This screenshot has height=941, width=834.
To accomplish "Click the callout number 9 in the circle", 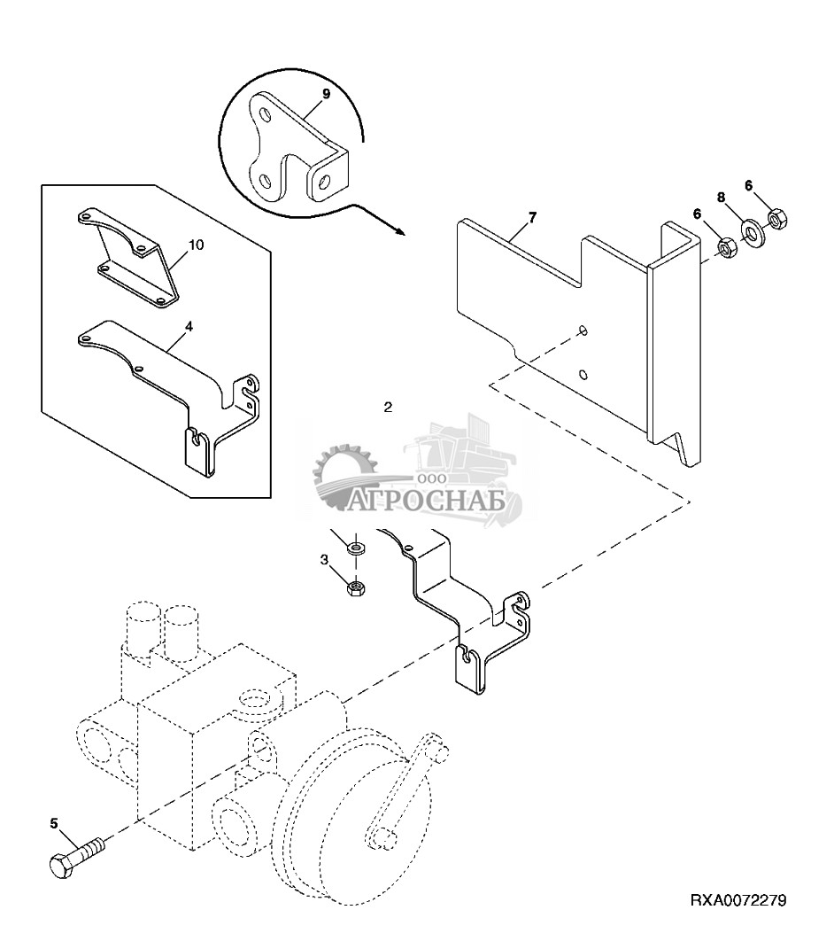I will [x=326, y=94].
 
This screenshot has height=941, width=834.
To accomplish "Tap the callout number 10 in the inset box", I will [x=196, y=245].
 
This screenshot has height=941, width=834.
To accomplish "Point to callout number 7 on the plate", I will [x=532, y=217].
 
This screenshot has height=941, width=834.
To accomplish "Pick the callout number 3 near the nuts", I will [x=325, y=559].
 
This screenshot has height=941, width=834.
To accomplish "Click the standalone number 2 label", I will [x=387, y=408].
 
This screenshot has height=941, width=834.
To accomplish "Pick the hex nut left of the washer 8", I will [x=725, y=248].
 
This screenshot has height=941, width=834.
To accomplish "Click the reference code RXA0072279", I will [x=737, y=901].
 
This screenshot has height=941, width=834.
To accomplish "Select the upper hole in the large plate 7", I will [x=581, y=331].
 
